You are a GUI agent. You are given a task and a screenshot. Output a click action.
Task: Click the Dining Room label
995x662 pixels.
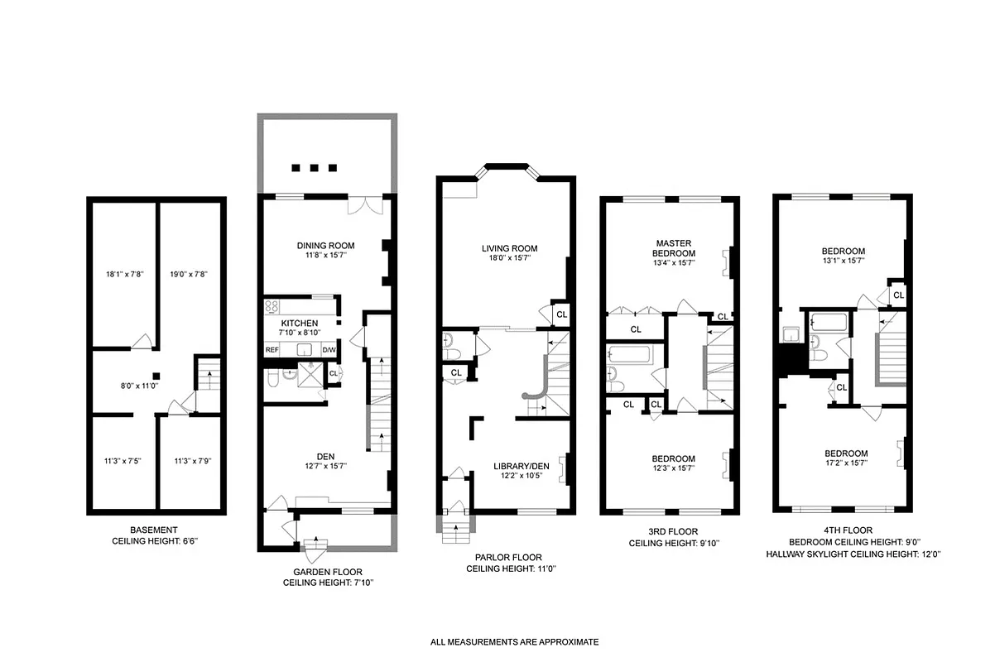click(326, 245)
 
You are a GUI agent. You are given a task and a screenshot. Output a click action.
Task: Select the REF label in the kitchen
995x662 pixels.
click(272, 350)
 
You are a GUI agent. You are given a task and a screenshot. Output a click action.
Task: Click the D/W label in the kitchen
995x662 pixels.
click(329, 350)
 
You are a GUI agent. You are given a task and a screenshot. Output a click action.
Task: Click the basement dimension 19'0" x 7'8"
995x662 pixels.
click(188, 274)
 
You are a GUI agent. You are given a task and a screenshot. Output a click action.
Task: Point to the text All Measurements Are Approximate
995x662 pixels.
click(514, 641)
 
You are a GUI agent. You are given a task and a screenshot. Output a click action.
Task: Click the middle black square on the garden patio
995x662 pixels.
click(315, 167)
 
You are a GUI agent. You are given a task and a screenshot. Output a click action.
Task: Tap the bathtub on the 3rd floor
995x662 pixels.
click(631, 357)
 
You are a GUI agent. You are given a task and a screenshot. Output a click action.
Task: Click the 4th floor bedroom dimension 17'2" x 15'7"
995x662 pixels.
click(845, 464)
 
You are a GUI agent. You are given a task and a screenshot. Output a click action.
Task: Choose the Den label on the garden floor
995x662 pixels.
click(324, 454)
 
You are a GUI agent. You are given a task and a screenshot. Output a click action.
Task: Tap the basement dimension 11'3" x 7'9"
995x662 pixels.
click(193, 461)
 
